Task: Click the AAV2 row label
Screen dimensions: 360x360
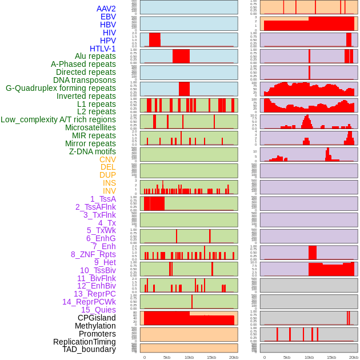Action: coord(106,9)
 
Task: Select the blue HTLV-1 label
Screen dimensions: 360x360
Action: coord(102,49)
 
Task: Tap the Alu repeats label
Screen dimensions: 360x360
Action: coord(95,57)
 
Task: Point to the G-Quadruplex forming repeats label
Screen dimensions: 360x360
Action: coord(61,89)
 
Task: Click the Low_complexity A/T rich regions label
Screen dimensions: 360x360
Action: coord(58,119)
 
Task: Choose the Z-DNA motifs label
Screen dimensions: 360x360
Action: coord(93,151)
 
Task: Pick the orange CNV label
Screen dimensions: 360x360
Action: coord(107,159)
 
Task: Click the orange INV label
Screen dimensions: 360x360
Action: coord(109,191)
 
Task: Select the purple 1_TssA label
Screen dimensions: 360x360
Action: coord(103,199)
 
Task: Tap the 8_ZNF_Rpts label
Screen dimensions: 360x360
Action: coord(93,254)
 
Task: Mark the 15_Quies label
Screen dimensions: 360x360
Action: coord(98,310)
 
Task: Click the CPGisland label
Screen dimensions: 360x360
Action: coord(97,318)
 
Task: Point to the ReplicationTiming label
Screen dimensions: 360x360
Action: coord(85,342)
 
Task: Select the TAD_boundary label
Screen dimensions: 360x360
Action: coord(89,349)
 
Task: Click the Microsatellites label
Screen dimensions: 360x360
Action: coord(90,127)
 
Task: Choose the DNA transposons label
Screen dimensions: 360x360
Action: coord(85,80)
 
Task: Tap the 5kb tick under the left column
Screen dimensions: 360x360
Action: coord(167,357)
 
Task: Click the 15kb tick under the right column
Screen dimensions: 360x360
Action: coord(331,357)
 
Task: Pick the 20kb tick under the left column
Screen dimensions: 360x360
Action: coord(233,357)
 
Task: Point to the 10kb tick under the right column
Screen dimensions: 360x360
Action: coord(309,357)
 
